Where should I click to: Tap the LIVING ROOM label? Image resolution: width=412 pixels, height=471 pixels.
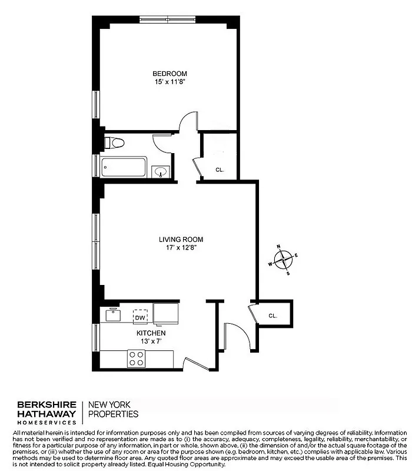click(x=181, y=239)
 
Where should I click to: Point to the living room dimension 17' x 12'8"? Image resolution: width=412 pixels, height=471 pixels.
click(x=181, y=248)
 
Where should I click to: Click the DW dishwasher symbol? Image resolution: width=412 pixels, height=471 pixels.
click(x=139, y=318)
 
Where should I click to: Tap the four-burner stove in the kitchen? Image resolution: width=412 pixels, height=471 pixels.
click(x=137, y=359)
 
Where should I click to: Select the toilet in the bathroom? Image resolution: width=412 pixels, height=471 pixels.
click(x=114, y=143)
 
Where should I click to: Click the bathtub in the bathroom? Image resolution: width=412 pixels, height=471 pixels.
click(x=124, y=167)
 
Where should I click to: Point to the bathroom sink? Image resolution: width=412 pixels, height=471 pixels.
click(x=160, y=172)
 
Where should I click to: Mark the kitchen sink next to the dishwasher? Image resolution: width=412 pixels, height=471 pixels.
click(x=113, y=315)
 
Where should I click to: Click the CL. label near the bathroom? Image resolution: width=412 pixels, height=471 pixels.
click(x=220, y=170)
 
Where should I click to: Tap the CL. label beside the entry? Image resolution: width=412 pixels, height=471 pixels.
click(x=273, y=316)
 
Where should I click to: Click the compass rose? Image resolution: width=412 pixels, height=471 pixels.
click(x=284, y=258)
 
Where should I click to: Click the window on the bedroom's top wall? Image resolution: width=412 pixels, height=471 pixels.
click(x=167, y=21)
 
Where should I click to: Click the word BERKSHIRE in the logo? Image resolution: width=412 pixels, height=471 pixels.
click(x=46, y=404)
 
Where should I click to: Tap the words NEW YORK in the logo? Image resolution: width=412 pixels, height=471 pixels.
click(x=109, y=404)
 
